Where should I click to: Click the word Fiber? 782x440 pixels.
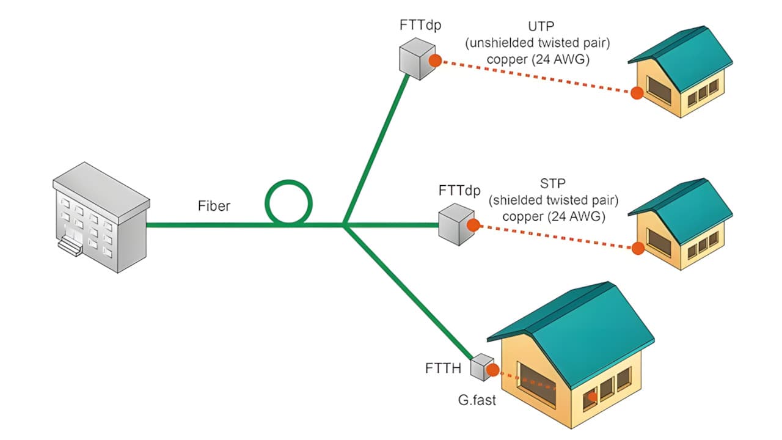[214, 206]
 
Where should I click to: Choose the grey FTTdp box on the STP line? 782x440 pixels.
[456, 224]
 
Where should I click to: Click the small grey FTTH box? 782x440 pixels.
[482, 366]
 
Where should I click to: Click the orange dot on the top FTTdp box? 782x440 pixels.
[435, 60]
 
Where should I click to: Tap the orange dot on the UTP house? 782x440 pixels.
[637, 93]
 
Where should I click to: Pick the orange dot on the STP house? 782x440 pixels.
[638, 248]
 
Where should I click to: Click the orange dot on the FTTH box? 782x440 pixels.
[492, 369]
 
